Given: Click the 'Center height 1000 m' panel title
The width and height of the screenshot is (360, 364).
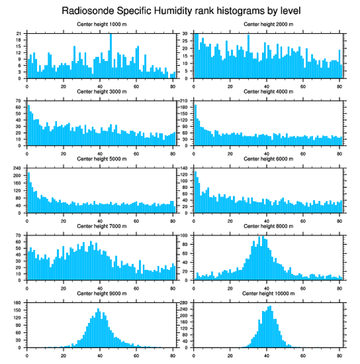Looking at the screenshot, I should click(x=101, y=24).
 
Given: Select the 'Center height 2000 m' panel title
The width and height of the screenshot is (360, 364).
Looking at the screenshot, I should click(x=268, y=24).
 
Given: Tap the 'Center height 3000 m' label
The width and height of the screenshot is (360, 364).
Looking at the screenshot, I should click(x=101, y=92).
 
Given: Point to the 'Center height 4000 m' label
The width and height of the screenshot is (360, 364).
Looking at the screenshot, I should click(x=268, y=92).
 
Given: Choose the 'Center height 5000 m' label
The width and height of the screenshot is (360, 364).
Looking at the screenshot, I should click(x=101, y=159).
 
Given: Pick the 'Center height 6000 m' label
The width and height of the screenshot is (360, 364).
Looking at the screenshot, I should click(x=268, y=159).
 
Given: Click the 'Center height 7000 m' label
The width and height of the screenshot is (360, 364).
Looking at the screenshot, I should click(x=101, y=226).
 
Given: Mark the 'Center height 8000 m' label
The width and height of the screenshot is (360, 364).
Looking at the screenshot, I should click(x=268, y=226).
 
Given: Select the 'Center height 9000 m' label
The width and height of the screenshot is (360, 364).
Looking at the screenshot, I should click(x=101, y=293).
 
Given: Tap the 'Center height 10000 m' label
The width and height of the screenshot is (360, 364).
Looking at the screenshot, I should click(x=268, y=293).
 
